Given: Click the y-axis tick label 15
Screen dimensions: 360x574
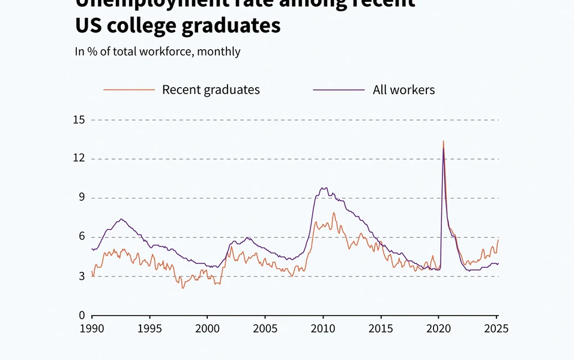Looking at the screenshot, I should pyautogui.click(x=79, y=120).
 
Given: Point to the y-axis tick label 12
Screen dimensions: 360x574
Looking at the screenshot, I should pyautogui.click(x=79, y=159).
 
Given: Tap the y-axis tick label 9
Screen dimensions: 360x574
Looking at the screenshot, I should pyautogui.click(x=81, y=198).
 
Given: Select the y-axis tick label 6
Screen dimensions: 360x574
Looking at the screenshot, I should pyautogui.click(x=81, y=237).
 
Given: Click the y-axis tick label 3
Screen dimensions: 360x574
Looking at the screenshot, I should pyautogui.click(x=81, y=276).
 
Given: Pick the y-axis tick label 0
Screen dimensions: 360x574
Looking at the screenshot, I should pyautogui.click(x=81, y=316).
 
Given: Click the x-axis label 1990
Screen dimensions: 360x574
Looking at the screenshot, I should pyautogui.click(x=92, y=328).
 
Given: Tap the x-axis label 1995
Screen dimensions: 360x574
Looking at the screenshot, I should pyautogui.click(x=150, y=328).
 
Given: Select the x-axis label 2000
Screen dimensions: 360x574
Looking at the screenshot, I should pyautogui.click(x=207, y=328).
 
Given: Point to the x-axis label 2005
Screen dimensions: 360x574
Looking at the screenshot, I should pyautogui.click(x=265, y=328).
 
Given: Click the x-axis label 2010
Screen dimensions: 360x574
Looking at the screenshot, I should pyautogui.click(x=322, y=328).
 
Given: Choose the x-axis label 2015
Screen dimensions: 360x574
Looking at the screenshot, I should pyautogui.click(x=381, y=328).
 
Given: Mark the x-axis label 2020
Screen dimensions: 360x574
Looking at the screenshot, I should pyautogui.click(x=438, y=328).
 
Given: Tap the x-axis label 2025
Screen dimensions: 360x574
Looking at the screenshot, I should pyautogui.click(x=496, y=328).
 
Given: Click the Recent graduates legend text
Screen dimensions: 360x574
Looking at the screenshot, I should pyautogui.click(x=211, y=90).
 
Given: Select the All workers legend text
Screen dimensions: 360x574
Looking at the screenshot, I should pyautogui.click(x=403, y=90).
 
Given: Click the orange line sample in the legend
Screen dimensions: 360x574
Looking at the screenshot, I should pyautogui.click(x=129, y=90).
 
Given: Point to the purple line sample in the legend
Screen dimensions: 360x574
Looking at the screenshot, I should pyautogui.click(x=339, y=90).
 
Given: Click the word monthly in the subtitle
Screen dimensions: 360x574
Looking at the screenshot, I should pyautogui.click(x=219, y=52).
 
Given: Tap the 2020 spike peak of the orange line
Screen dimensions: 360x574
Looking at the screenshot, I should pyautogui.click(x=443, y=141).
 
